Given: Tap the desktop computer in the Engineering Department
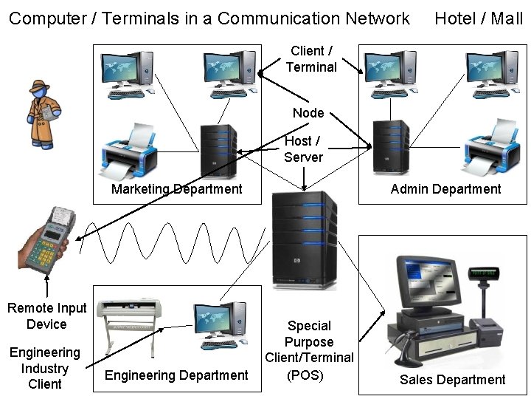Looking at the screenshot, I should [x=221, y=325].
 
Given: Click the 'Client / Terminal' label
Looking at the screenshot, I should [x=310, y=59].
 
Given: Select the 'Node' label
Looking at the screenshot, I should [x=308, y=113].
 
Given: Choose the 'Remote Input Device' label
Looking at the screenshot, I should [x=46, y=316].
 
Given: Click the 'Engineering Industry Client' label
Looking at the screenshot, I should [x=44, y=368].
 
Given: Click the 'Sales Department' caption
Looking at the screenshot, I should [x=452, y=380].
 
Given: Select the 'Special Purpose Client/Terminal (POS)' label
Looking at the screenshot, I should [x=309, y=349].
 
